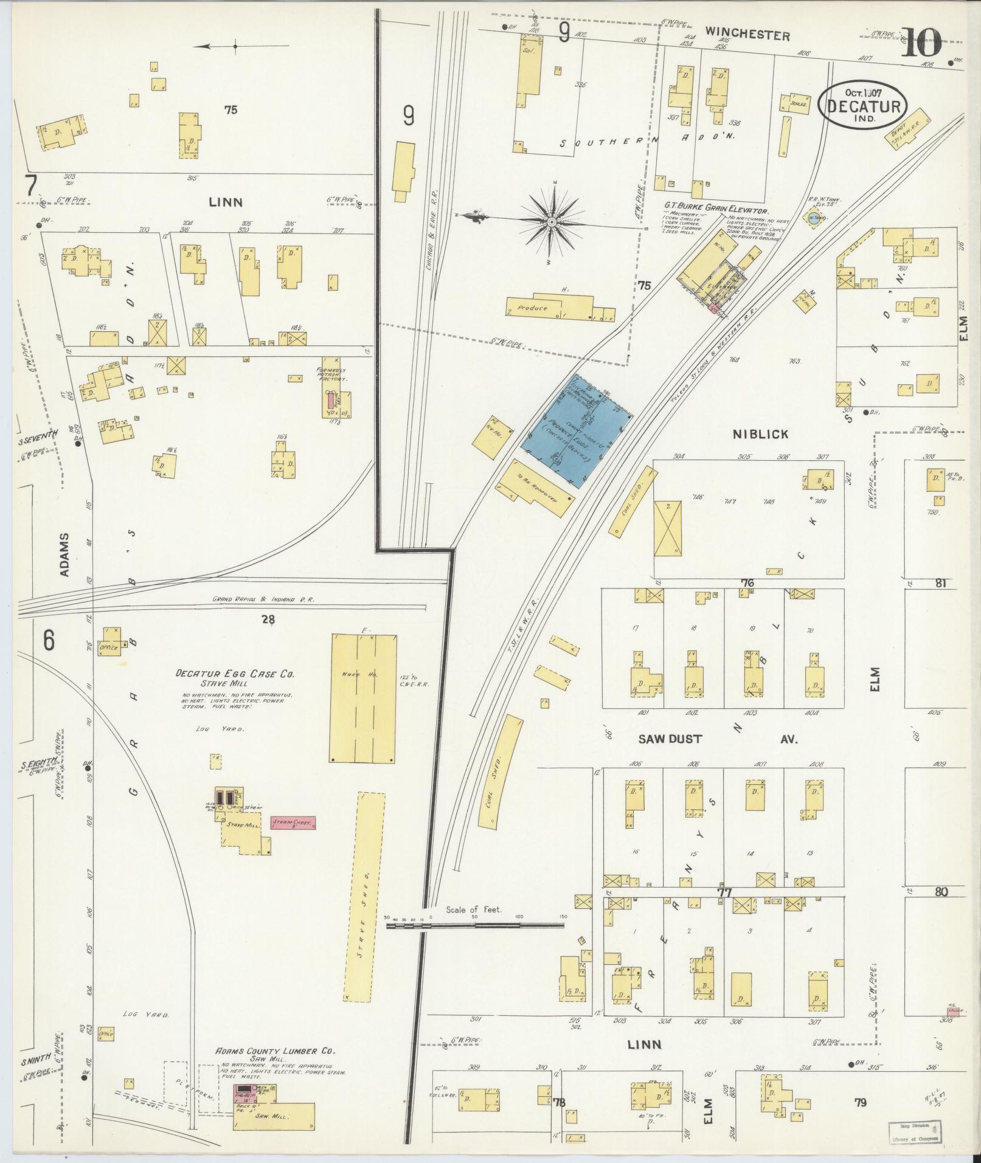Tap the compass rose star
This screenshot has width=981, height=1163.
coord(552,223)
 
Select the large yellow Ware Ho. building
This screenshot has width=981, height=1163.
coord(363,698)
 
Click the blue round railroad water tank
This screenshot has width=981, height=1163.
coord(813,218)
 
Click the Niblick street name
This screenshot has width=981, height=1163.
coord(760,434)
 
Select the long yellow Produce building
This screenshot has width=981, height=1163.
coord(550,308)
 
